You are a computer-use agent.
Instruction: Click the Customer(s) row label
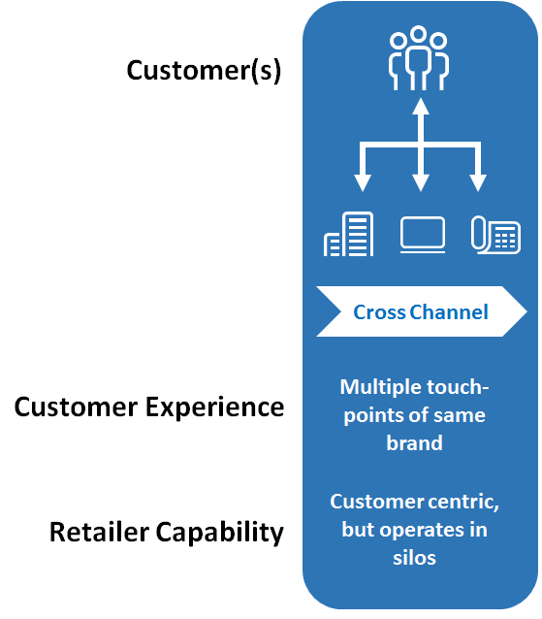point(204,70)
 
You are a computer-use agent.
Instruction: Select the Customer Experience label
point(149,407)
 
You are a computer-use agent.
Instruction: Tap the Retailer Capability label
point(167,532)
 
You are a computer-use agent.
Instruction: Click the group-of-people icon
point(419,58)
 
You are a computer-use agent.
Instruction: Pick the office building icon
point(348,234)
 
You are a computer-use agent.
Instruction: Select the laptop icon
point(423,235)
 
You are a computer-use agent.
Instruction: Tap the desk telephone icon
point(495,235)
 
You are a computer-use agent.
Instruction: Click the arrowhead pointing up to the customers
point(421,106)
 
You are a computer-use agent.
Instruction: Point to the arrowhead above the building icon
point(363,183)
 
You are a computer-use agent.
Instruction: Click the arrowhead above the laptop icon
point(421,183)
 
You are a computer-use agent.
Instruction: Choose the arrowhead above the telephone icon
point(478,183)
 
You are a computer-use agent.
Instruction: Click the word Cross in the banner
point(379,312)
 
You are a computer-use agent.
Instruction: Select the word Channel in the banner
point(449,311)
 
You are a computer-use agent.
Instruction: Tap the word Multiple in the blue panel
point(379,388)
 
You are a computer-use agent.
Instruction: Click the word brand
point(414,442)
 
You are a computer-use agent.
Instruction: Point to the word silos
point(414,558)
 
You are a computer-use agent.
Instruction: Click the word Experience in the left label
point(214,407)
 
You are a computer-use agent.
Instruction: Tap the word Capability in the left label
point(220,533)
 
